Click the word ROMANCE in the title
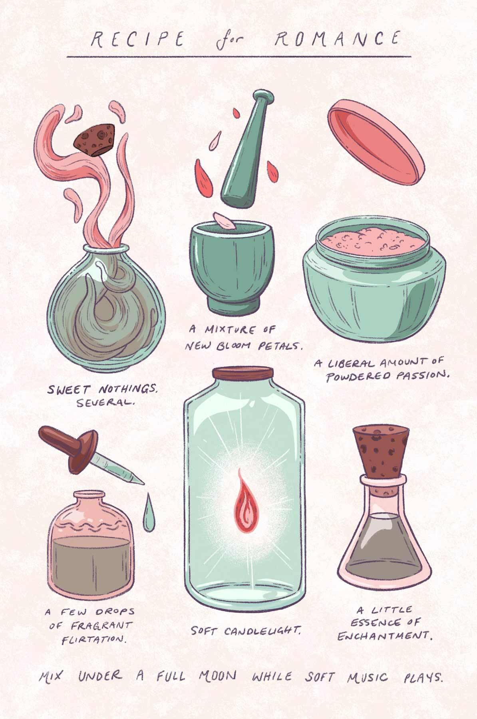338,39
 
